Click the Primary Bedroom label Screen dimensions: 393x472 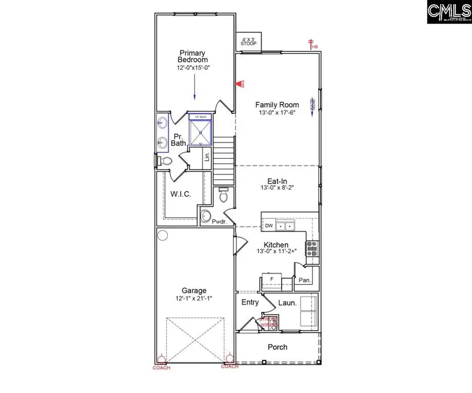point(192,56)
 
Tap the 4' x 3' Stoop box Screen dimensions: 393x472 point(248,41)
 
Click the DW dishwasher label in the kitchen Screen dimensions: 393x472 point(269,226)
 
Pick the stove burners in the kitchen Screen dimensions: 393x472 point(312,248)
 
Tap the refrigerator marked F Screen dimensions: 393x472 point(271,279)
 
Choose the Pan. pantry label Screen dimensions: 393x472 point(305,280)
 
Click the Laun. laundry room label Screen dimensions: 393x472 point(287,303)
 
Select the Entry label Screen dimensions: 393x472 point(250,302)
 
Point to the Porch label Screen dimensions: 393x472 point(277,347)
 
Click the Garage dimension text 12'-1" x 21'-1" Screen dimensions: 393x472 point(194,298)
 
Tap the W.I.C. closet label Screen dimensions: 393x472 point(180,194)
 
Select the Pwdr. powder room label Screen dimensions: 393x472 point(218,222)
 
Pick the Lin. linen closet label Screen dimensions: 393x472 point(207,158)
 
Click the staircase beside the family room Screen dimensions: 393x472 point(223,151)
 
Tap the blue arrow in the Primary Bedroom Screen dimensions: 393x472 point(195,86)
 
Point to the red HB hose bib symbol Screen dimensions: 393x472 point(311,43)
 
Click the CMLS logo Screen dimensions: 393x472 point(449,12)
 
